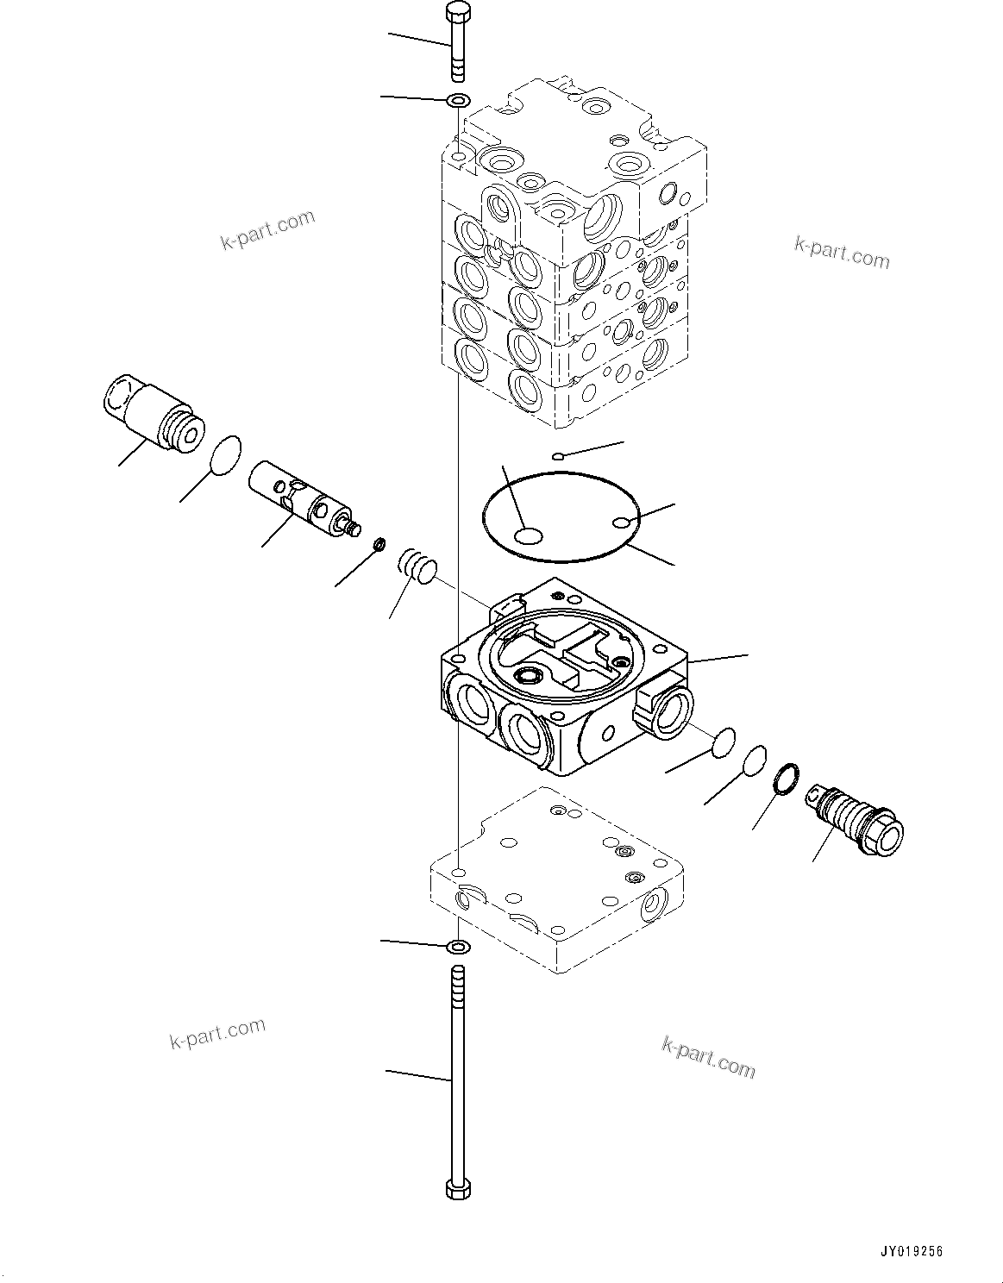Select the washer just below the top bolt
tap(458, 101)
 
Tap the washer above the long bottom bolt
tap(458, 948)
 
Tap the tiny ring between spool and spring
tap(378, 544)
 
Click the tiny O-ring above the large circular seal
tap(559, 455)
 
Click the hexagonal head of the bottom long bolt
tap(458, 1189)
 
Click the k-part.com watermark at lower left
tap(217, 1031)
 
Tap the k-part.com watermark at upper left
tap(267, 230)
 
